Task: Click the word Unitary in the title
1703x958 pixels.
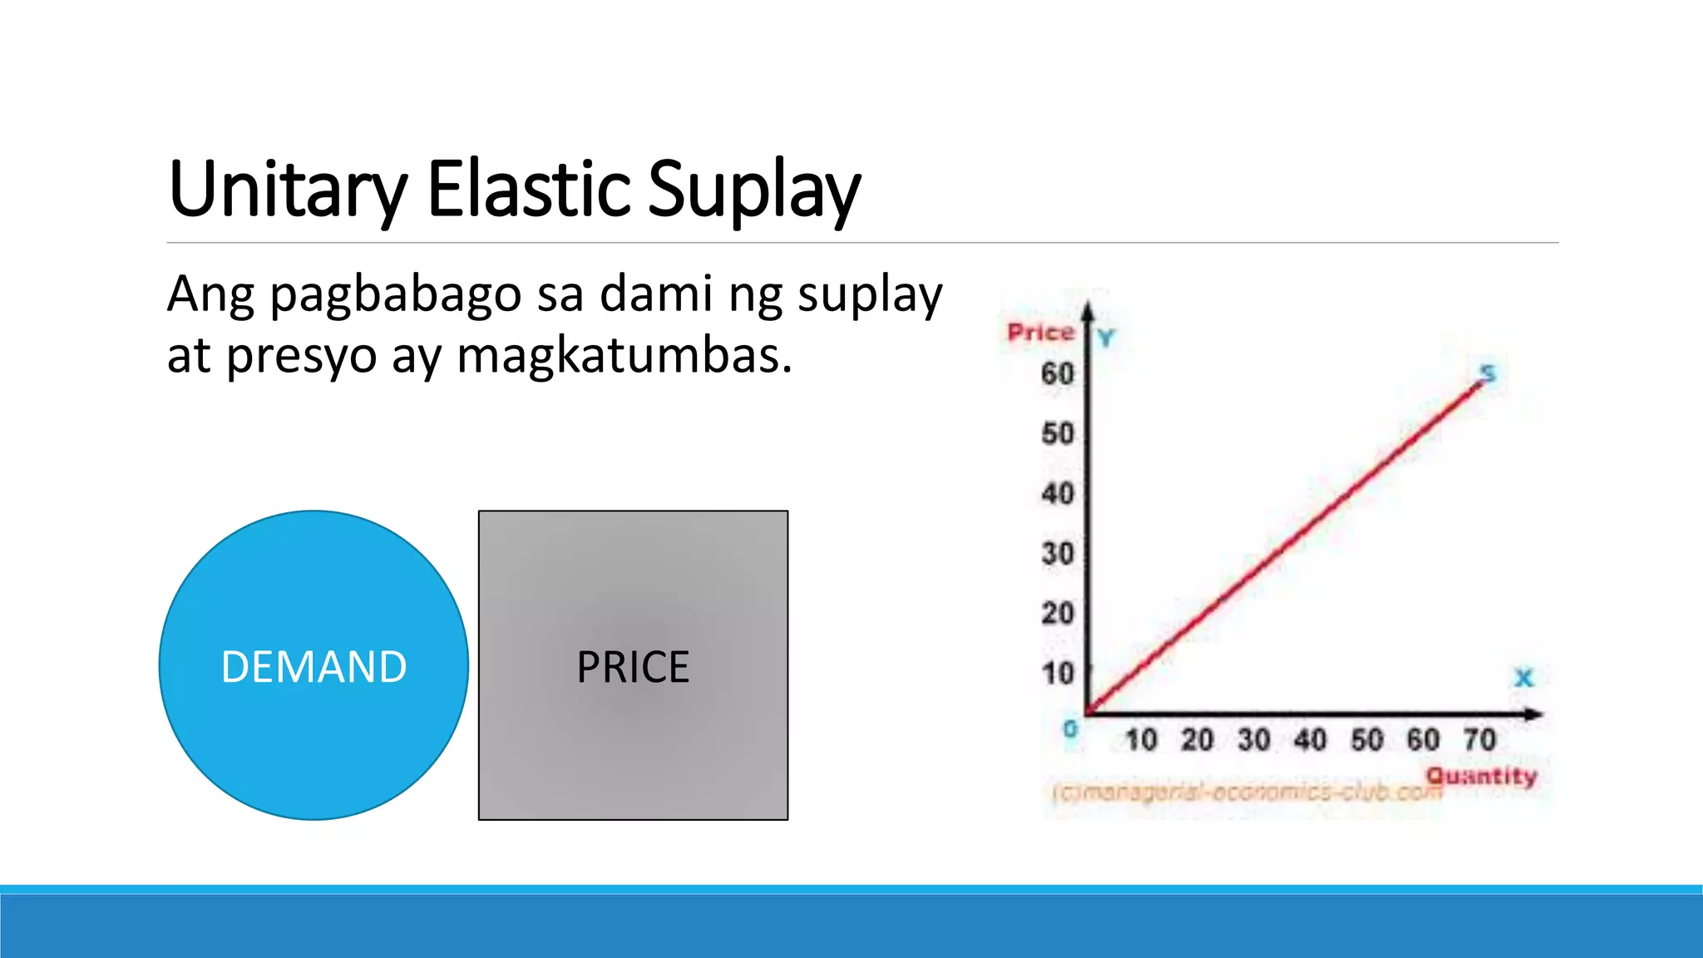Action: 288,190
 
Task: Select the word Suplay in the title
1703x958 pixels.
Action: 753,190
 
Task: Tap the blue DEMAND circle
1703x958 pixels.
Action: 313,665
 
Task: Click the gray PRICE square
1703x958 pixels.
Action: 633,665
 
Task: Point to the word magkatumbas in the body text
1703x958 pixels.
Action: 624,356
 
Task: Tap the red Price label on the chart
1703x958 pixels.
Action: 1040,332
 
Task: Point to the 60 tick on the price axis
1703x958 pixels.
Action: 1058,373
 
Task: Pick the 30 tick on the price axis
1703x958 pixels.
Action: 1058,553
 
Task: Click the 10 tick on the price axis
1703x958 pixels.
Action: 1058,673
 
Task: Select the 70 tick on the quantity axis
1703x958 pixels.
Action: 1480,739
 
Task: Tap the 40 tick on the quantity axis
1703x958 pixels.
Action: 1311,739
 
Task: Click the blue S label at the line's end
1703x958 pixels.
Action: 1488,373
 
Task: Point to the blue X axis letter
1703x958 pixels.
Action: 1523,678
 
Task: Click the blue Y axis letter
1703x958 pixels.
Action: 1106,338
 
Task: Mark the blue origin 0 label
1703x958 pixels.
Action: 1070,729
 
